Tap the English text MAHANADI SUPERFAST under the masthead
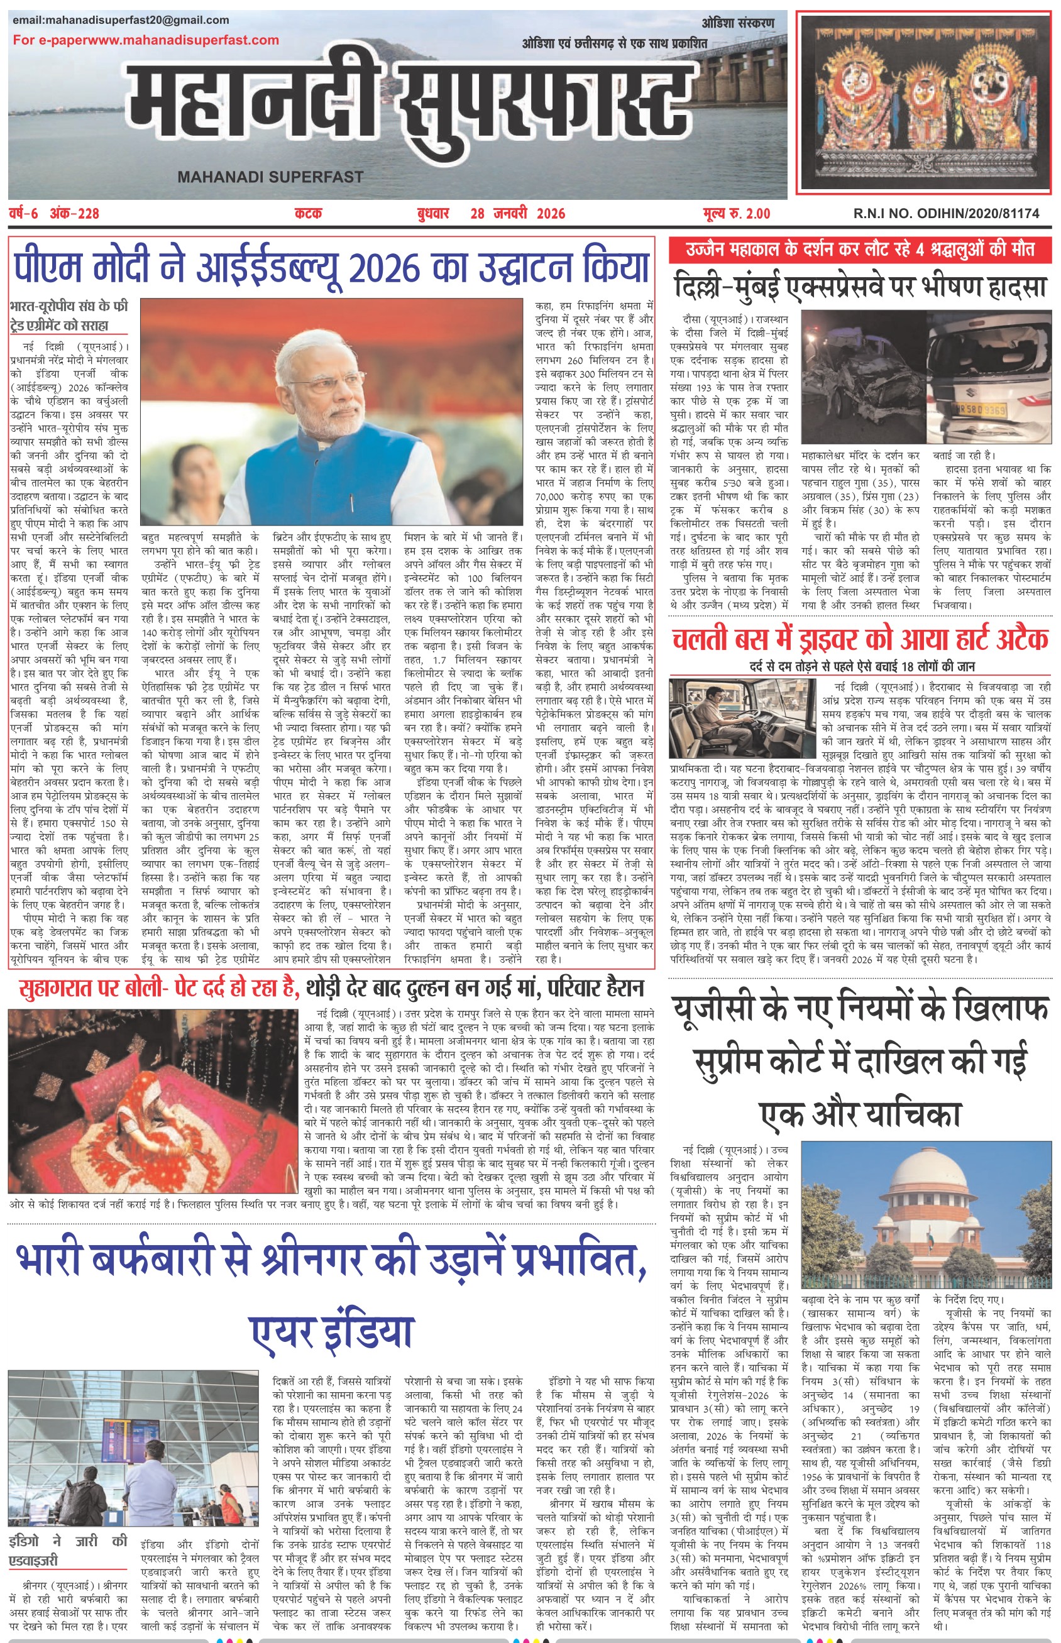(270, 177)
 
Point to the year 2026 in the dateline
(547, 214)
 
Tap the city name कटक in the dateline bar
(308, 214)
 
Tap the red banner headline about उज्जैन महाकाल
(860, 250)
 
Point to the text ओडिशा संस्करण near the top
(738, 23)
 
